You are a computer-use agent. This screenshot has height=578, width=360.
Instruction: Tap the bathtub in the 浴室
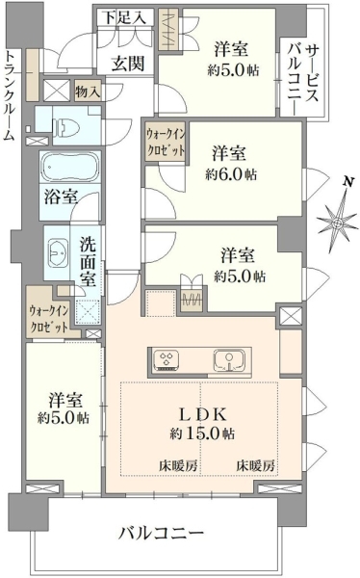(x=69, y=167)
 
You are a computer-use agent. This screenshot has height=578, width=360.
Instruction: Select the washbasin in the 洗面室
(x=58, y=252)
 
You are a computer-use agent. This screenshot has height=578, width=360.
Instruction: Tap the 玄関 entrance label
(x=128, y=64)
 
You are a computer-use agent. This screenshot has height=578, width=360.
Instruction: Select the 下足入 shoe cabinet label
(x=124, y=17)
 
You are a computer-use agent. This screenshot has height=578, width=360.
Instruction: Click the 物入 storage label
(x=88, y=92)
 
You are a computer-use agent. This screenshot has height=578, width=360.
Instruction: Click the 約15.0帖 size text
(x=202, y=433)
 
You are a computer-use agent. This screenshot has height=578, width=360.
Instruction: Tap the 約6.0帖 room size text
(x=231, y=174)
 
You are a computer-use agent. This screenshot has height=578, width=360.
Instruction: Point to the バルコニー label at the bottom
(x=161, y=533)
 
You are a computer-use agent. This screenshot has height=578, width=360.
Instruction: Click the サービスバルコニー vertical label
(x=304, y=78)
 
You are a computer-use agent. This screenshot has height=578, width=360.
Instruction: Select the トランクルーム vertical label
(x=10, y=95)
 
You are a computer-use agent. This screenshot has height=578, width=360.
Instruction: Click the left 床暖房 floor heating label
(x=178, y=466)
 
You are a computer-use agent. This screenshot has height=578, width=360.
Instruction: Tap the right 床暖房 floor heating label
(x=255, y=466)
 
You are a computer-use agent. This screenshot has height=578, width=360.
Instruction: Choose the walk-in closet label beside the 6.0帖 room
(x=166, y=142)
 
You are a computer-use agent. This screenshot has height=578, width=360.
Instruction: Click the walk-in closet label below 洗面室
(x=49, y=319)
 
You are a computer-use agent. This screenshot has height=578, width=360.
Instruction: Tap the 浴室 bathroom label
(x=61, y=197)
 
